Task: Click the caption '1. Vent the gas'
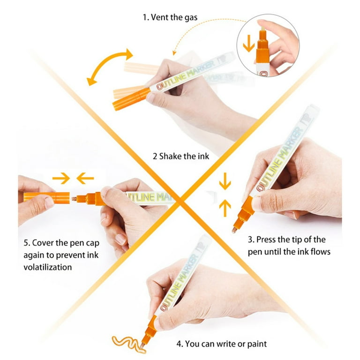click(x=170, y=17)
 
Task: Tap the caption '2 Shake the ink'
click(x=181, y=157)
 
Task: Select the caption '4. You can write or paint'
click(x=222, y=344)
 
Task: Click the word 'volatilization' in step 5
click(x=47, y=267)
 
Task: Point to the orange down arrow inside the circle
click(x=248, y=44)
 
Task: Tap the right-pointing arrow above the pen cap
click(x=61, y=178)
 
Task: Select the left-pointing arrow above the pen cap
click(x=85, y=178)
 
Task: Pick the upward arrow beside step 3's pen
click(x=225, y=208)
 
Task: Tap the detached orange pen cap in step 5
click(x=46, y=198)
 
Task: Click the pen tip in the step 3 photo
click(x=234, y=230)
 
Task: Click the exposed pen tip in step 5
click(x=74, y=199)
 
